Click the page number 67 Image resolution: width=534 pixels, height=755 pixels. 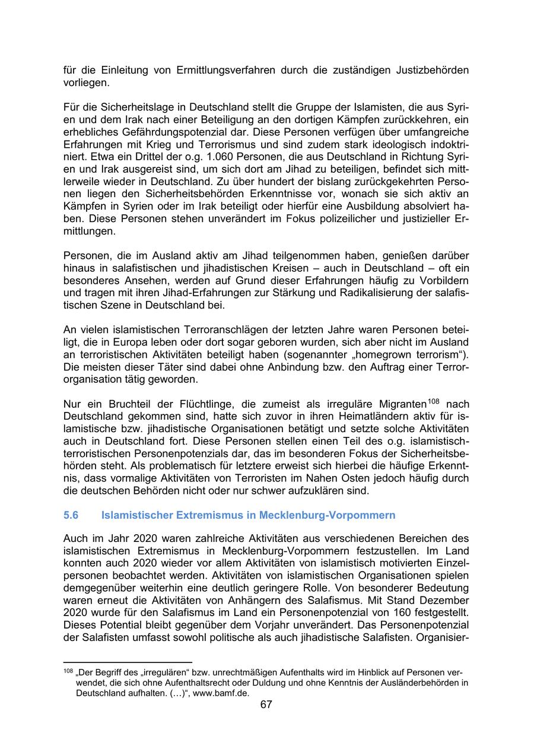pyautogui.click(x=266, y=705)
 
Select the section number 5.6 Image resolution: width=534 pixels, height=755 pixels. pyautogui.click(x=71, y=515)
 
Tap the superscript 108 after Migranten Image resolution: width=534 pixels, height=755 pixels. pyautogui.click(x=436, y=401)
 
